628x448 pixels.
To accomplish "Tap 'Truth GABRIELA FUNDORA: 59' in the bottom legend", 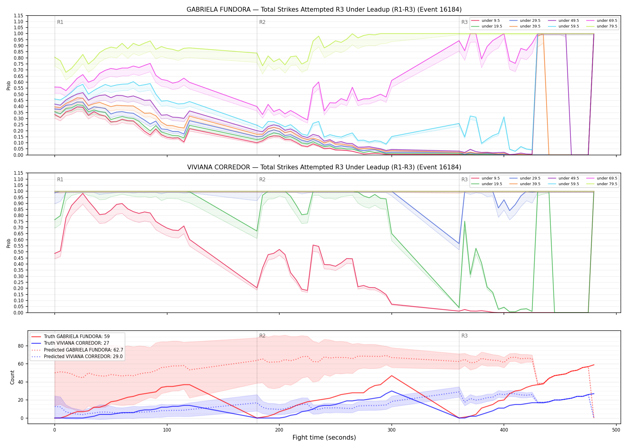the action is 70,336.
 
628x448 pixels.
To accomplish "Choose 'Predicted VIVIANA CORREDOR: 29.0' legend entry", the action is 77,356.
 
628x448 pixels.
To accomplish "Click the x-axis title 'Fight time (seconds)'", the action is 324,438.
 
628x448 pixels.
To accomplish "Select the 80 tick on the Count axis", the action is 20,346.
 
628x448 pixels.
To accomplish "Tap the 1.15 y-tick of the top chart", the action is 19,16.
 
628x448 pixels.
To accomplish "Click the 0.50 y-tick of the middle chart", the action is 19,252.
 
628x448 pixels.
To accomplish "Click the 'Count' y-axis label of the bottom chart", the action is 12,377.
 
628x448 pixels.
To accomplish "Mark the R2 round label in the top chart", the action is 262,22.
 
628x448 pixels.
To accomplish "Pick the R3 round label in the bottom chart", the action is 464,336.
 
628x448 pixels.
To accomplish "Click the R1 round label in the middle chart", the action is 60,179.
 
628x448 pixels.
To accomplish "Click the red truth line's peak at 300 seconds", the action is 391,376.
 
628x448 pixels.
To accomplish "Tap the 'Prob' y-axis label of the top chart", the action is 9,86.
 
